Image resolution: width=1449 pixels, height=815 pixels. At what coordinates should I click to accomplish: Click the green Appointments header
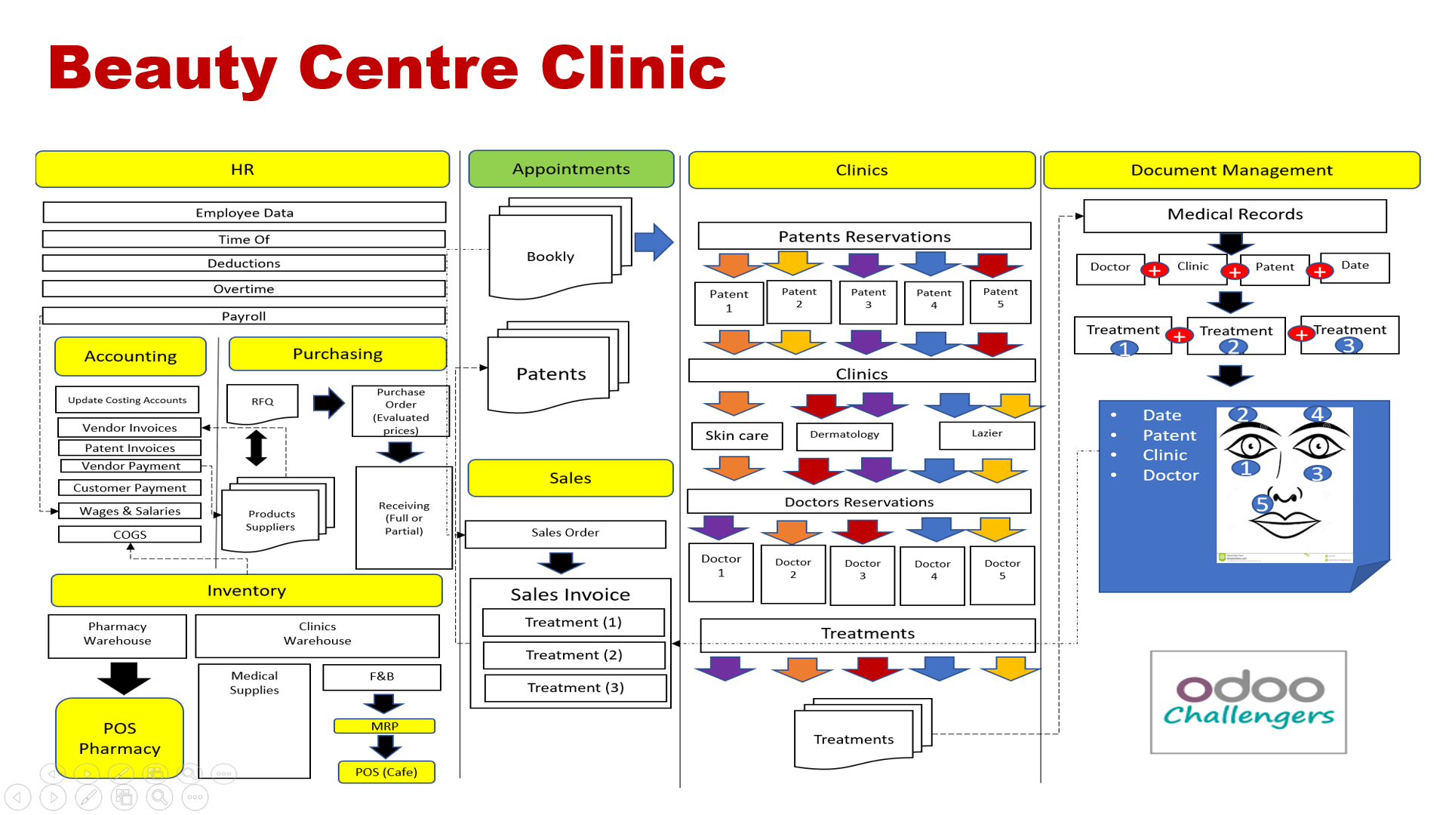(571, 169)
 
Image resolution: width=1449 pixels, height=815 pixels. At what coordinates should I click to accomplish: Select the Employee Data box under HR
(244, 213)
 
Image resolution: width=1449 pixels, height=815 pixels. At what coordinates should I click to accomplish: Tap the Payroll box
(244, 316)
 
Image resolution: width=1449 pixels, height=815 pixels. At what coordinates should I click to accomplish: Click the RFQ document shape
(263, 402)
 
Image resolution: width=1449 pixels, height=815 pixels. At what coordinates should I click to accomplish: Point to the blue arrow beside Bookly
(654, 242)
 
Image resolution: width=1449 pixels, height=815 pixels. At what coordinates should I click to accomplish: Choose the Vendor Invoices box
(129, 428)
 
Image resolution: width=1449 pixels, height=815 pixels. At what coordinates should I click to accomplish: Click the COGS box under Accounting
(129, 534)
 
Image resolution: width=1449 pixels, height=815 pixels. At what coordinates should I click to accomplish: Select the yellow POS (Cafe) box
(386, 772)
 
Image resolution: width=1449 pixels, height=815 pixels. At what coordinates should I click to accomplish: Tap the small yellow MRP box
(384, 726)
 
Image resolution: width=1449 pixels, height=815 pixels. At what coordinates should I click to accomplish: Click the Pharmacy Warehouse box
(117, 635)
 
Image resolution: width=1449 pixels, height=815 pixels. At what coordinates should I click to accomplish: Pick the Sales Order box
(565, 534)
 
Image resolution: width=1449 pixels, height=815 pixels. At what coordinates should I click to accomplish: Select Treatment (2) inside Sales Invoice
(574, 655)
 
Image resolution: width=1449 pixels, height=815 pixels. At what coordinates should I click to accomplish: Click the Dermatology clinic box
(844, 435)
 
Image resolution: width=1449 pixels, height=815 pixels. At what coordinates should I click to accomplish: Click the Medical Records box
(1235, 215)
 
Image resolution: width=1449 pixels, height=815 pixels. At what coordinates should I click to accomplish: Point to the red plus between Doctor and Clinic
(1154, 271)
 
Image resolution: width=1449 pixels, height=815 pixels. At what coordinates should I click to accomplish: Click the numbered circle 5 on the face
(1261, 503)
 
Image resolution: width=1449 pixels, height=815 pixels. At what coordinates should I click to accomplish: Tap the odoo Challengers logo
(1248, 702)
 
